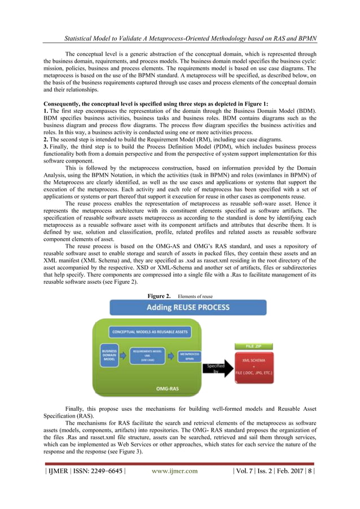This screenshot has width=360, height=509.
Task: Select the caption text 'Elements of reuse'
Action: tap(197, 296)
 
